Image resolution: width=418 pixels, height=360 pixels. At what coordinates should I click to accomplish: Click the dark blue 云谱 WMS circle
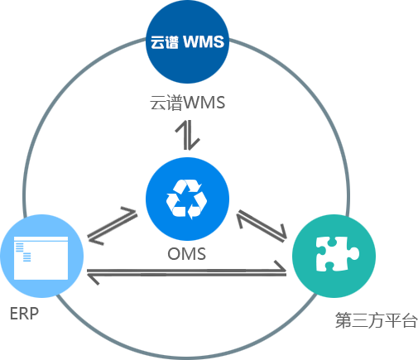tap(187, 41)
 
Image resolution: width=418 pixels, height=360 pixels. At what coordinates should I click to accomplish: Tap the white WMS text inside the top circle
tap(204, 42)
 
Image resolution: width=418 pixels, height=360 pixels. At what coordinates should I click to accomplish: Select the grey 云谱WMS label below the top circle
tap(187, 103)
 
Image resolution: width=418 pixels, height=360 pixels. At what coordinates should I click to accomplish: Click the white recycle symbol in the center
tap(186, 199)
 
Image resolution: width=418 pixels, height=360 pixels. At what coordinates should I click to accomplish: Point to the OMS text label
tap(187, 254)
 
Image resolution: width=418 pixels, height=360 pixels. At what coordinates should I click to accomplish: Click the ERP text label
tap(24, 314)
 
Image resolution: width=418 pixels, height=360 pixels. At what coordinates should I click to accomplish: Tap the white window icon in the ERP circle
tap(41, 258)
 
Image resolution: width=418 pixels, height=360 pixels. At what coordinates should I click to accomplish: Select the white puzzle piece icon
tap(337, 254)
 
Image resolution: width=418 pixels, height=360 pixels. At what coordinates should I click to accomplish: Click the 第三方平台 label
tap(376, 320)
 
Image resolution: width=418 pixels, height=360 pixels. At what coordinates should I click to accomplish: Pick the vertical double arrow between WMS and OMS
tap(188, 135)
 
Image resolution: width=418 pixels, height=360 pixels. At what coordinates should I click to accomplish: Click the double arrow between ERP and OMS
tap(113, 226)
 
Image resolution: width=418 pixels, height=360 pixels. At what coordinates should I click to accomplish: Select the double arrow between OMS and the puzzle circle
tap(262, 226)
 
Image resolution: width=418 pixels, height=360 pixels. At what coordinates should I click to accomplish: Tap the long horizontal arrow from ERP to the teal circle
tap(186, 272)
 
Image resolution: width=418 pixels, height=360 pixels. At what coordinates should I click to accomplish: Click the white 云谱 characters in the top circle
tap(165, 42)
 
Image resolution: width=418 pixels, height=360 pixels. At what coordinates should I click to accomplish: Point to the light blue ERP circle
tap(41, 256)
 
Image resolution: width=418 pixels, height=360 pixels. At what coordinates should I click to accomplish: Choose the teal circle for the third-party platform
tap(334, 256)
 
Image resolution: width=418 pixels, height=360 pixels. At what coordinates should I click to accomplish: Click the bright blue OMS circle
tap(187, 199)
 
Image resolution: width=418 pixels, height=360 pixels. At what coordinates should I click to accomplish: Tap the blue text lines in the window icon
tap(23, 252)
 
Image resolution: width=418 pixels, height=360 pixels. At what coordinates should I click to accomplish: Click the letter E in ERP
tap(14, 314)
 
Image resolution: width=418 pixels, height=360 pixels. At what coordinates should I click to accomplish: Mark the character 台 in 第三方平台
tap(409, 320)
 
